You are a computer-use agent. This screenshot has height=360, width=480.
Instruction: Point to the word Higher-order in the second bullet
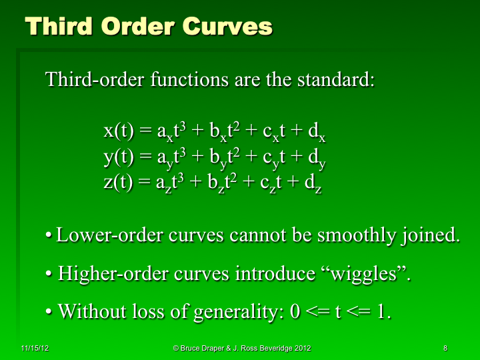[106, 273]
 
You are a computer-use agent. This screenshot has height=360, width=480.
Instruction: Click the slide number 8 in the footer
[444, 348]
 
